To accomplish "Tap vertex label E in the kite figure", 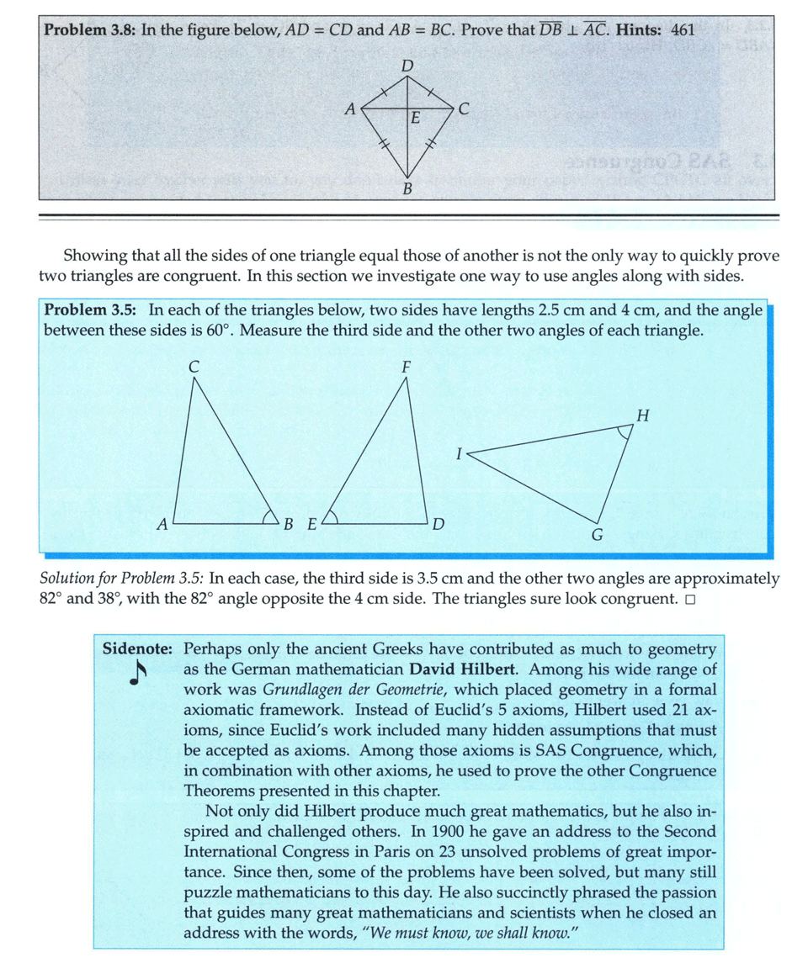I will coord(413,119).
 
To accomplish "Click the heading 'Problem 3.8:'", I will coord(90,30).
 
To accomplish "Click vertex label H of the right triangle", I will coord(643,415).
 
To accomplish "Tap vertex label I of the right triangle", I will coord(459,453).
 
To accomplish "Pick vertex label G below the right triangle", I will coord(597,535).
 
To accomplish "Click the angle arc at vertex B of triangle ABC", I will coord(271,516).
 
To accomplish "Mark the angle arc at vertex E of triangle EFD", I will coord(330,516).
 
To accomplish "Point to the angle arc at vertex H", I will coord(623,432).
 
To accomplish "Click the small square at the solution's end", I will coord(689,600).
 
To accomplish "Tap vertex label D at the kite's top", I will coord(407,66).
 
